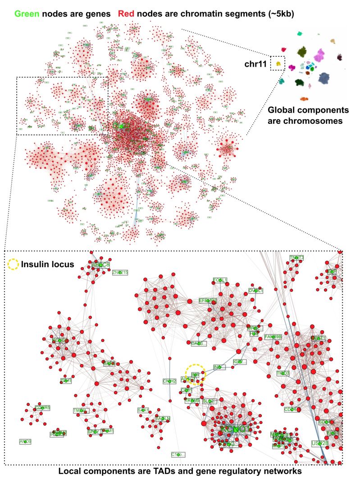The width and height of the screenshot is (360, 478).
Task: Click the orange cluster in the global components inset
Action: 305,99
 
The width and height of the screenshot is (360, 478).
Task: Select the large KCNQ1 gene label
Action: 235,429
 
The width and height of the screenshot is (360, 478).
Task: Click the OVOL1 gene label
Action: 255,291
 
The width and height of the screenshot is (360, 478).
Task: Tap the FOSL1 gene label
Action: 220,280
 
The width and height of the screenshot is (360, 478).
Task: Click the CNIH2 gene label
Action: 169,381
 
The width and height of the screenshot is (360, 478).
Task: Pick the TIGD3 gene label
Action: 283,373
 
